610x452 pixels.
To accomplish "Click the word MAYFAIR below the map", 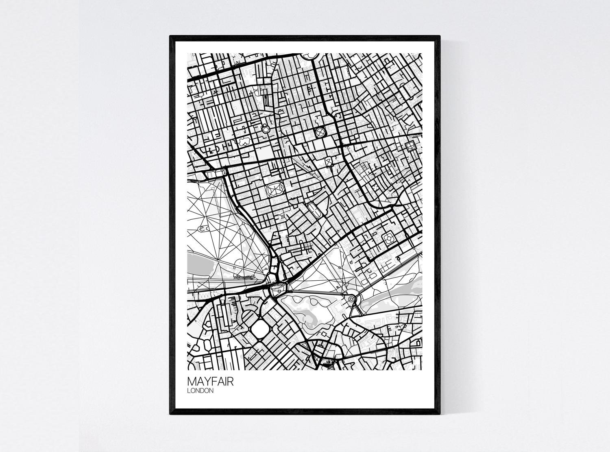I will [210, 382].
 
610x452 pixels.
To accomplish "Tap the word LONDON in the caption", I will [200, 391].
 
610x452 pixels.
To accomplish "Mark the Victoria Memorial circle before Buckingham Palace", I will [351, 299].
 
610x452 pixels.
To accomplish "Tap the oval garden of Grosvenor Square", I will [275, 189].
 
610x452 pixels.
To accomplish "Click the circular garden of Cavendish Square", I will [320, 132].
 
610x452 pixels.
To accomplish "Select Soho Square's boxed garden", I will [410, 145].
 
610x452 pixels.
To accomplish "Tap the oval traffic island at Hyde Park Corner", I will [278, 288].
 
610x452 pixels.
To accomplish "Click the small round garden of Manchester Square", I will [266, 129].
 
